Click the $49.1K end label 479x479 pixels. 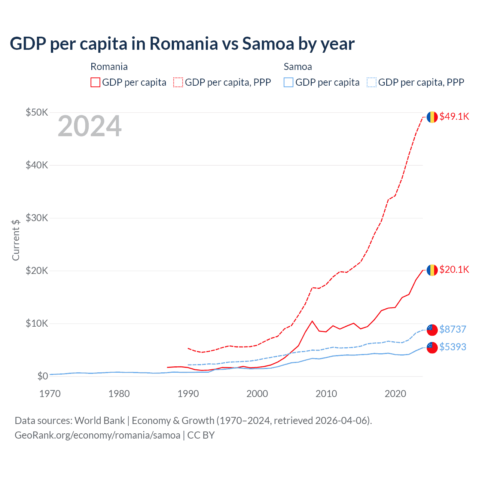pos(454,116)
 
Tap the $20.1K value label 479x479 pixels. pos(454,269)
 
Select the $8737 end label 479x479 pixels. pos(452,329)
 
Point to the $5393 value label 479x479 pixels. pos(452,347)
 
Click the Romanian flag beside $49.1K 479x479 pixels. pos(432,117)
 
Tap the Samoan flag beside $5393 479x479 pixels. pos(432,347)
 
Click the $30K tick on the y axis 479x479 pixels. pos(37,218)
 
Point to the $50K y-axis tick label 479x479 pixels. pos(37,112)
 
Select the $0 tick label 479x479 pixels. pos(43,376)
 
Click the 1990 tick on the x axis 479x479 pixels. pos(188,394)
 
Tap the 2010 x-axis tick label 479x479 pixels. pos(326,394)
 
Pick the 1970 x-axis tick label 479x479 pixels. pos(50,394)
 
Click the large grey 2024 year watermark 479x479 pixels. pos(89,126)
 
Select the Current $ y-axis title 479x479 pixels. pos(16,240)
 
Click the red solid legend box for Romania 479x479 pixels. pos(95,82)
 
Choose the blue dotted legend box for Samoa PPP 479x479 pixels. pos(372,82)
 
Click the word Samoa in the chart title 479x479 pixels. pos(268,43)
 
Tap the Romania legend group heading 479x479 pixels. pos(109,67)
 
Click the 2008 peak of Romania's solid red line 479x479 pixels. pos(312,321)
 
